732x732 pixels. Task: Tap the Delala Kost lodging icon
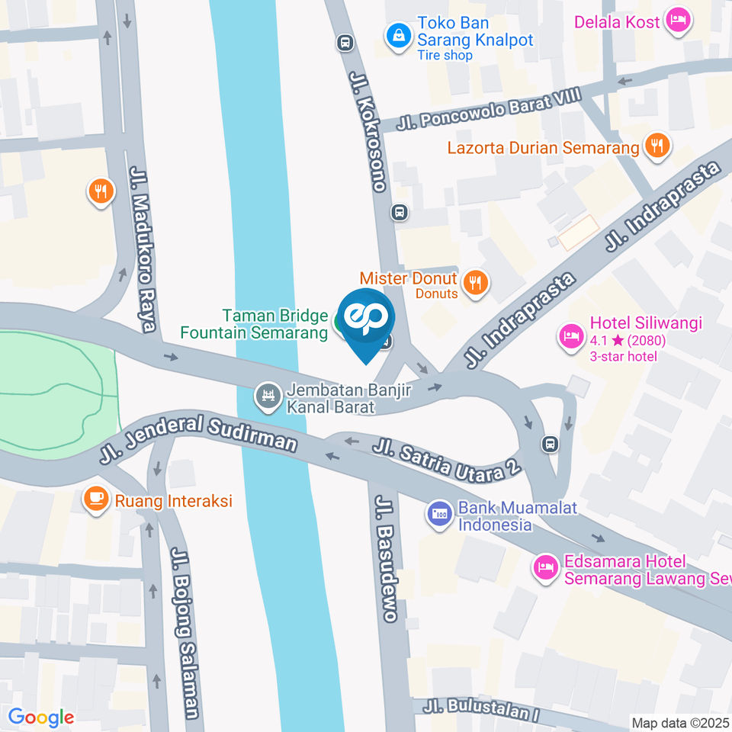click(x=677, y=21)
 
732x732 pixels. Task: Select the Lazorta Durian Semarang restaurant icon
click(x=657, y=146)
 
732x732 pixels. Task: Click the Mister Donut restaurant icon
click(x=477, y=282)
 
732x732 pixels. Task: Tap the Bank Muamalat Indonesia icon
click(x=438, y=512)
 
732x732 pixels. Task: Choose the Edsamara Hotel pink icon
click(x=545, y=567)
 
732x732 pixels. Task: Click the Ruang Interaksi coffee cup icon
click(x=96, y=499)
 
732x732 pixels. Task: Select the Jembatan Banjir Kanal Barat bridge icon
click(x=268, y=395)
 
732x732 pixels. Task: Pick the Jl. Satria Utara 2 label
click(x=447, y=458)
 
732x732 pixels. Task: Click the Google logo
click(x=40, y=718)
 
